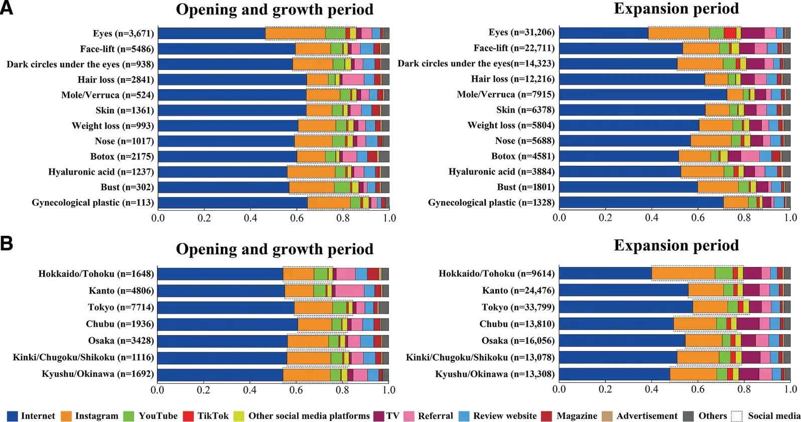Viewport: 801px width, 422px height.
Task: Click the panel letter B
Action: (7, 243)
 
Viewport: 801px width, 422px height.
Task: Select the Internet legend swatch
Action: (13, 416)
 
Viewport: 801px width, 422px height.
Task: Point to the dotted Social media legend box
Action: (737, 416)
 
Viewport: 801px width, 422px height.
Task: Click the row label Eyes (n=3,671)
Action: (123, 34)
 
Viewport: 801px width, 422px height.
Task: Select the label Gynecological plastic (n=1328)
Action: (491, 202)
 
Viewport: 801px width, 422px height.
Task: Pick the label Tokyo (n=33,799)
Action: (518, 307)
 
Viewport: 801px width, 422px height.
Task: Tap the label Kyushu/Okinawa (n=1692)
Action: (98, 374)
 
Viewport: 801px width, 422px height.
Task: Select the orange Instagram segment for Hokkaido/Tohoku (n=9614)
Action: (683, 273)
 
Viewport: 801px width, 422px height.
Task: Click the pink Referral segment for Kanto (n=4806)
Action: (349, 291)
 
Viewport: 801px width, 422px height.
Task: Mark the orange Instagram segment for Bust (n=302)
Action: (312, 187)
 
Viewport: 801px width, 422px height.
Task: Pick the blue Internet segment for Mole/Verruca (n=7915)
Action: (643, 94)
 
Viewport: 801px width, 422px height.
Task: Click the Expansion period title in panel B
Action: (676, 245)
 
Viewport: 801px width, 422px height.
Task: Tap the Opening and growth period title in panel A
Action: (275, 10)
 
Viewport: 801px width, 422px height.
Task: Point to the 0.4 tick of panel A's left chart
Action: (250, 218)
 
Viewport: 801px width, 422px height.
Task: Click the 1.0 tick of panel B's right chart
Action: (790, 389)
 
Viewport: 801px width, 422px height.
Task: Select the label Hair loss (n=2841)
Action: (115, 80)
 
